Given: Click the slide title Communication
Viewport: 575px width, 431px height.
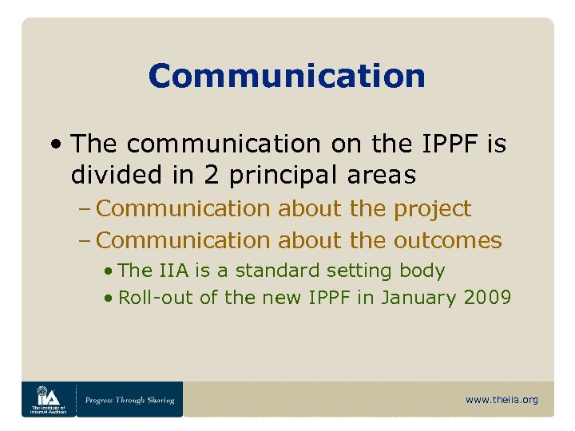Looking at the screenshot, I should [287, 77].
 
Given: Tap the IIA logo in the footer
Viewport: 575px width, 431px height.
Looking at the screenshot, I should [49, 398].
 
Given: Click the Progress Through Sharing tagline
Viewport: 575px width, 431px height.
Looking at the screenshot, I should [129, 400].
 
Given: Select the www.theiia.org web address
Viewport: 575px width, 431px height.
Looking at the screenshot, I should [502, 400].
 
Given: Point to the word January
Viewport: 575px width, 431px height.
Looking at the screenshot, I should [413, 299].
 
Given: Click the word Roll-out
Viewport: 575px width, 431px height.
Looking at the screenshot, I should [146, 299].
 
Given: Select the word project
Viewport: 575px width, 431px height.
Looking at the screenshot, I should [433, 209].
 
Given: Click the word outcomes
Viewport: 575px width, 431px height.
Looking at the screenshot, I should [447, 239].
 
